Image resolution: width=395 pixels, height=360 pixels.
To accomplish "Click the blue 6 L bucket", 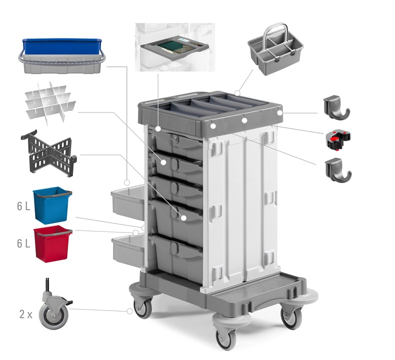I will pos(52,205).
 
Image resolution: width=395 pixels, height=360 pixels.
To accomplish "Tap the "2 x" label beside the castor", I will pos(26,314).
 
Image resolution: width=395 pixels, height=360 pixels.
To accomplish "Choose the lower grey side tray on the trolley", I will pos(128,250).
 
